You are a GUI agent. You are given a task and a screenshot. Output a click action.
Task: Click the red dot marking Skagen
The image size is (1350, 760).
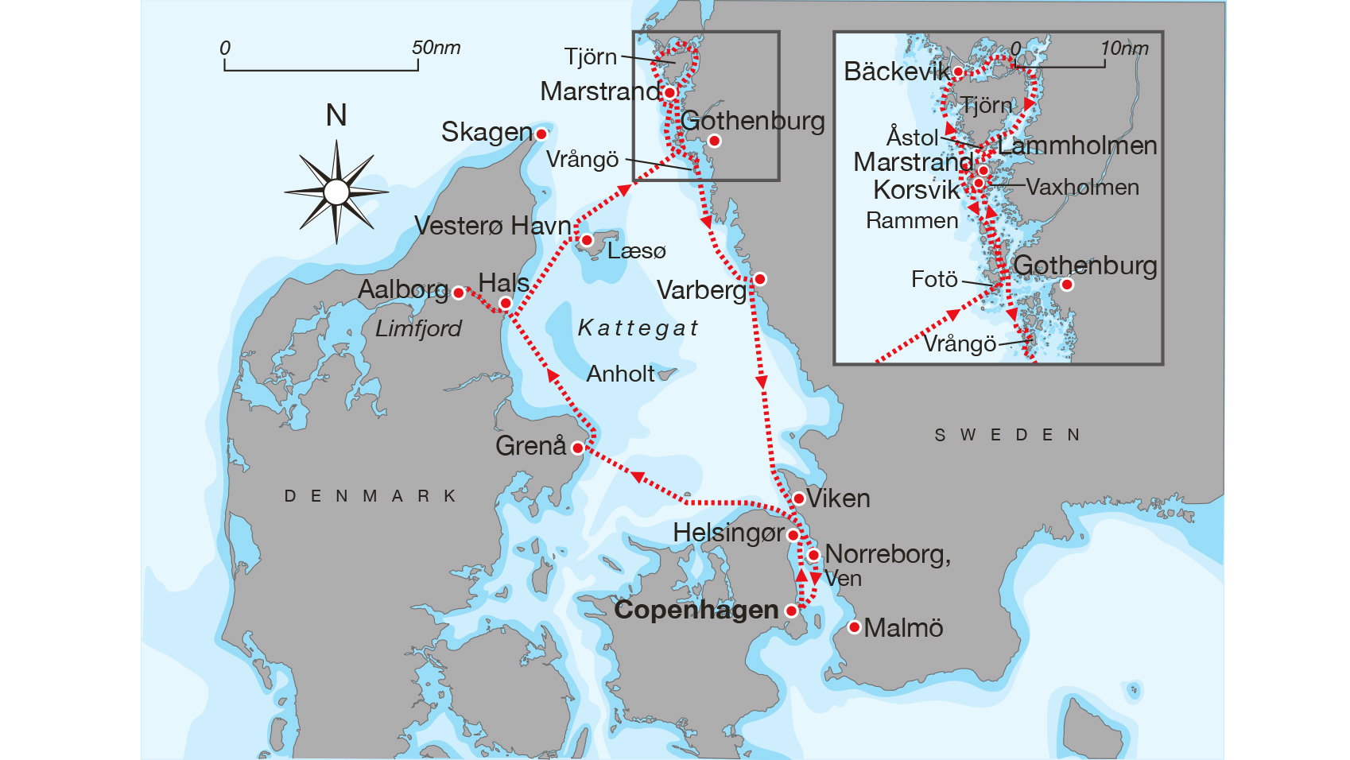click(541, 134)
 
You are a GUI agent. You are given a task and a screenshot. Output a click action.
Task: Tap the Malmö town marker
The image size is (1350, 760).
click(854, 627)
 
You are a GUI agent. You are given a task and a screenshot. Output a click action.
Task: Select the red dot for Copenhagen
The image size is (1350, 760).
click(791, 611)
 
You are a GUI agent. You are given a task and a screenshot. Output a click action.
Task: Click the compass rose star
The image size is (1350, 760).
click(336, 192)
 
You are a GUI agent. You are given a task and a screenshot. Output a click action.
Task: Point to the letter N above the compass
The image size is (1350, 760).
click(336, 116)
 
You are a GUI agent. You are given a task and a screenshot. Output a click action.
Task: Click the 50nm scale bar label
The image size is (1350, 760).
click(436, 48)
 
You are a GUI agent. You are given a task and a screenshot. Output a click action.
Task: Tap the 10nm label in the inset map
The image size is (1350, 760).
click(1124, 48)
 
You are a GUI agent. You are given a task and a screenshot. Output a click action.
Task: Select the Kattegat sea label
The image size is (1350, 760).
click(638, 328)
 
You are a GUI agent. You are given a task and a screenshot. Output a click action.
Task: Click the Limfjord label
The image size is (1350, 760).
click(418, 328)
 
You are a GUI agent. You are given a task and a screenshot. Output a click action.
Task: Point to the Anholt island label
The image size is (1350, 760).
click(620, 374)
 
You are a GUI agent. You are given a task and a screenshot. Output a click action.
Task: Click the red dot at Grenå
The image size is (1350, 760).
click(578, 448)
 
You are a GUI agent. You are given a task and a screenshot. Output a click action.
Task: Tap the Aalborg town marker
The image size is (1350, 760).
click(459, 293)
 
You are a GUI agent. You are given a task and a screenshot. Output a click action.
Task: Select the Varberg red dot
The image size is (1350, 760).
click(760, 279)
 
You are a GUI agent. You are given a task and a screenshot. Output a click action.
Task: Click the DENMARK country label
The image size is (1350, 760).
click(370, 496)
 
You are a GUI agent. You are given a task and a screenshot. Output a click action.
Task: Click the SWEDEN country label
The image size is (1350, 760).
click(1007, 435)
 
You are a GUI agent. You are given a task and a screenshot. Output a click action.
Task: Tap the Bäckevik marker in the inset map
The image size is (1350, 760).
click(959, 72)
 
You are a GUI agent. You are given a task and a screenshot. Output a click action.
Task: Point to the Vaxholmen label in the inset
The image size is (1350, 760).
click(1082, 188)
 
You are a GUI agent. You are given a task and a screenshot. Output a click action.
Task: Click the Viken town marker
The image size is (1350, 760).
click(799, 498)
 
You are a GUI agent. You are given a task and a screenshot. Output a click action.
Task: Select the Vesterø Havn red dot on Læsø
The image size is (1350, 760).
click(587, 240)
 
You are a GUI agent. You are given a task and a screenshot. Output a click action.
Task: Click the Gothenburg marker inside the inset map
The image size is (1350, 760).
click(1067, 285)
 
